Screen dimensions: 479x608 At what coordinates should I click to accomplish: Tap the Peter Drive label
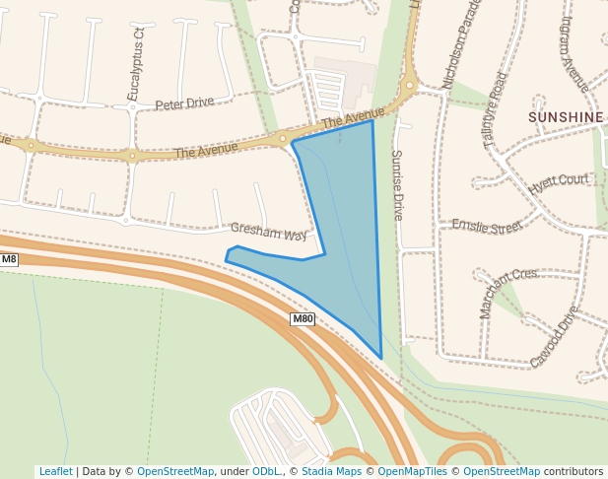point(184,103)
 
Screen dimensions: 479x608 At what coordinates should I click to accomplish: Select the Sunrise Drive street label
point(398,184)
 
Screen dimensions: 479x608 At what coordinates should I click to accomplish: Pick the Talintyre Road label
point(496,110)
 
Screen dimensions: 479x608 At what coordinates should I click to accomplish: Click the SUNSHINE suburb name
point(566,117)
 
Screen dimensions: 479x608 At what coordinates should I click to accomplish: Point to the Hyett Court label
point(558,181)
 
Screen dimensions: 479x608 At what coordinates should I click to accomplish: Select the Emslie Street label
point(486,227)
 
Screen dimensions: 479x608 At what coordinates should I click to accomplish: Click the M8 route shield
point(9,260)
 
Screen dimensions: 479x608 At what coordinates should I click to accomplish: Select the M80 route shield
point(303,318)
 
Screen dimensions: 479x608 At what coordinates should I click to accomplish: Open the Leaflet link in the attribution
point(55,471)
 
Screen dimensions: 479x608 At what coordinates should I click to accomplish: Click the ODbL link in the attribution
point(266,471)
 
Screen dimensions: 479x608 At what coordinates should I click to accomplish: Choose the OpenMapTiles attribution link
point(413,471)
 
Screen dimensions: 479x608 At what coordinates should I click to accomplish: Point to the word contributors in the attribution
point(574,471)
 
